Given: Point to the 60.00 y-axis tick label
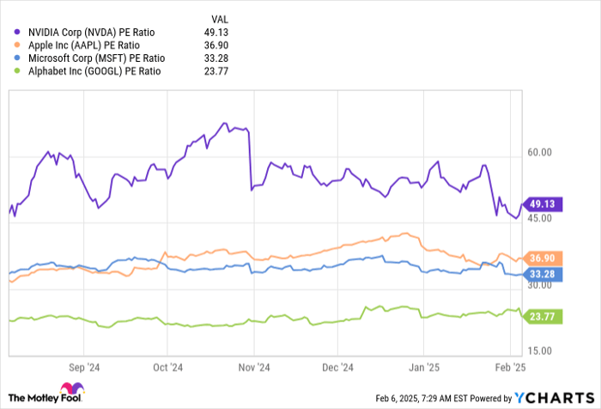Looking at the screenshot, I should coord(540,152).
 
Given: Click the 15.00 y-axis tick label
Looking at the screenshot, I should coord(540,351).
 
